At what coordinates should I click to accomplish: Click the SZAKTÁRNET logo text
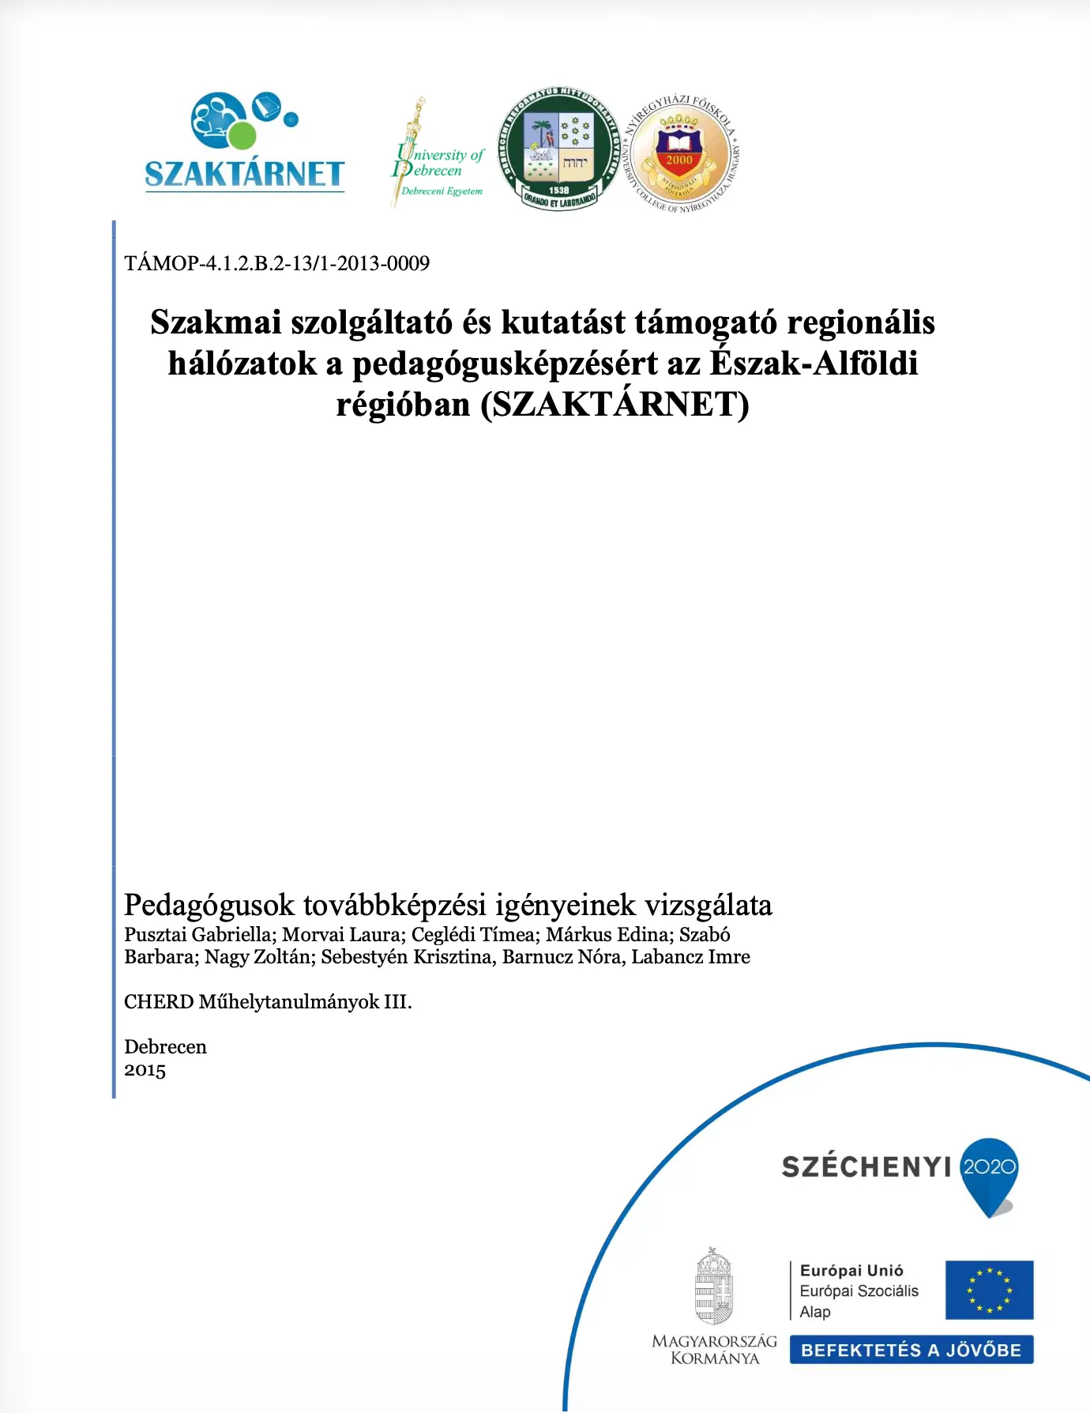pyautogui.click(x=244, y=174)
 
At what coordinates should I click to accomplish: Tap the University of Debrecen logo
pyautogui.click(x=437, y=154)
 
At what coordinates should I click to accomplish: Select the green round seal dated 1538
pyautogui.click(x=559, y=149)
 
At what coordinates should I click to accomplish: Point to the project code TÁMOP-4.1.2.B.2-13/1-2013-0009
pyautogui.click(x=276, y=263)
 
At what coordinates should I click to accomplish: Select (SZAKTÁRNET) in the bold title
pyautogui.click(x=615, y=405)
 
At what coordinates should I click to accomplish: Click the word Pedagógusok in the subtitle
pyautogui.click(x=209, y=905)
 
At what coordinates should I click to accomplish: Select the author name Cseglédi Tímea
pyautogui.click(x=473, y=935)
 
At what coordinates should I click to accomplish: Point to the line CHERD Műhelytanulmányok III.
pyautogui.click(x=268, y=1002)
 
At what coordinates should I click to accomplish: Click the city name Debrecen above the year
pyautogui.click(x=165, y=1047)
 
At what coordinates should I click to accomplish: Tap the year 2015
pyautogui.click(x=145, y=1070)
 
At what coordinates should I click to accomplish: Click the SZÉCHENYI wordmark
pyautogui.click(x=866, y=1167)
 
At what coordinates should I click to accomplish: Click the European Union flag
pyautogui.click(x=989, y=1290)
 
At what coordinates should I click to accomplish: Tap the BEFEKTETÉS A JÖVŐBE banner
pyautogui.click(x=911, y=1350)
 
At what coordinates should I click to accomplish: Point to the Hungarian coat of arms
pyautogui.click(x=714, y=1287)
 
